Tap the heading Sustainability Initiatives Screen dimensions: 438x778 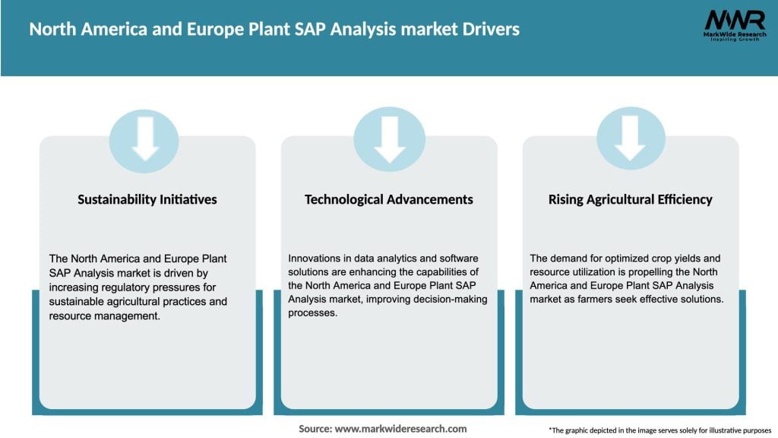click(x=147, y=199)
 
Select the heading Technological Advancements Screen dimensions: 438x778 click(x=389, y=199)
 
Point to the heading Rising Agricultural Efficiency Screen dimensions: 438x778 click(x=631, y=199)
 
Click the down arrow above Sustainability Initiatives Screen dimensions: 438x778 click(x=145, y=138)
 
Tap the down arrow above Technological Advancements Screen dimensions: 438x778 click(x=390, y=138)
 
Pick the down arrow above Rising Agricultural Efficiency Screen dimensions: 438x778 click(x=631, y=138)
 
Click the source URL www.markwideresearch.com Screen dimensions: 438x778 click(x=401, y=429)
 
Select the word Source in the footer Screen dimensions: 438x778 click(x=314, y=429)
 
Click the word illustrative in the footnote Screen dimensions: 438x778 click(x=717, y=430)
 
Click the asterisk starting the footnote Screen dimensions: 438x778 click(x=550, y=428)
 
